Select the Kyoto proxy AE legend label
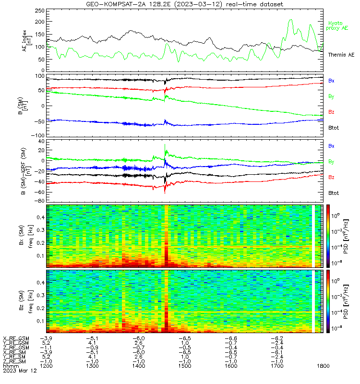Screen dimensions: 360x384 point(337,26)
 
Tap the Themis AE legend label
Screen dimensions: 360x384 point(341,55)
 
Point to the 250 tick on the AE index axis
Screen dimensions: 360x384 point(40,11)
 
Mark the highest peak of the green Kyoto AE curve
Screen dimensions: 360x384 point(291,20)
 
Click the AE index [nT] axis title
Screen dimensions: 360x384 point(27,41)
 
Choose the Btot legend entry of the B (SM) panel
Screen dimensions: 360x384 point(334,128)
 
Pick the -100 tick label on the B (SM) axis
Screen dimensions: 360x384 point(38,135)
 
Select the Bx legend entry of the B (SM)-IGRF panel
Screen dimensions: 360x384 point(331,146)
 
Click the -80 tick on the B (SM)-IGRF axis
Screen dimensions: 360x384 point(40,201)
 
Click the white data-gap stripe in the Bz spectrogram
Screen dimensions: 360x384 point(313,301)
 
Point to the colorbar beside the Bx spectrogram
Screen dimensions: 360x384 point(328,236)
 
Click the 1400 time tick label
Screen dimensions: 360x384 point(139,366)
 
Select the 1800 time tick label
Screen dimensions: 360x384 point(323,366)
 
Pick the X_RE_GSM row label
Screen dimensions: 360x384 point(16,339)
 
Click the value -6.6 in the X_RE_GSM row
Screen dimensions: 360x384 point(231,338)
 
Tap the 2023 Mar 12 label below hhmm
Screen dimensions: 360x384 point(20,371)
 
